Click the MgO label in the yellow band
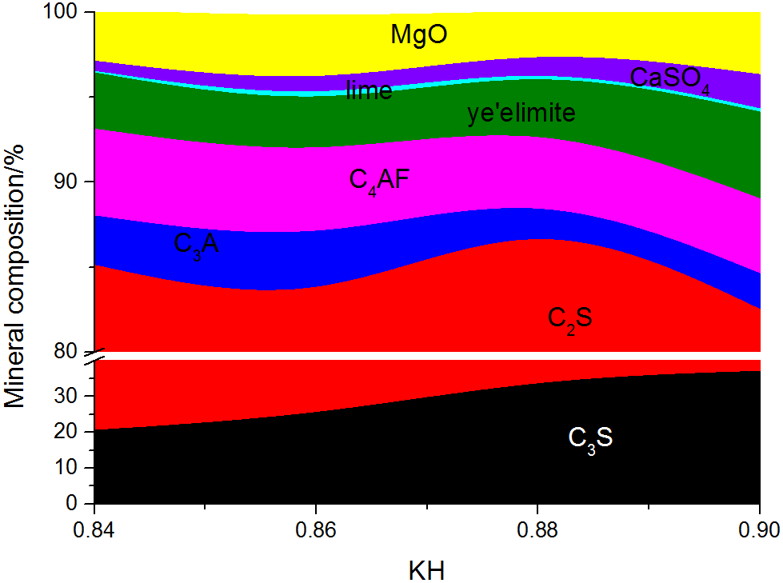click(418, 34)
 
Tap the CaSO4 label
click(669, 78)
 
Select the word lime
click(369, 90)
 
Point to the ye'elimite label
click(521, 114)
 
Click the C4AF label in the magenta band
click(379, 179)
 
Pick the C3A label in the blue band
click(196, 244)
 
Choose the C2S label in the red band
click(569, 318)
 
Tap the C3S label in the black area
click(590, 438)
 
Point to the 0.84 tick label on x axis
click(94, 530)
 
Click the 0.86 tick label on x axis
click(316, 530)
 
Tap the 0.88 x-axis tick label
click(537, 530)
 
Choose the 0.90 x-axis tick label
click(759, 530)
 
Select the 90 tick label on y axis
click(72, 182)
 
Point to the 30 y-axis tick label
click(72, 396)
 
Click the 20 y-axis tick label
click(72, 432)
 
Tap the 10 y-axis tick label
click(72, 468)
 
